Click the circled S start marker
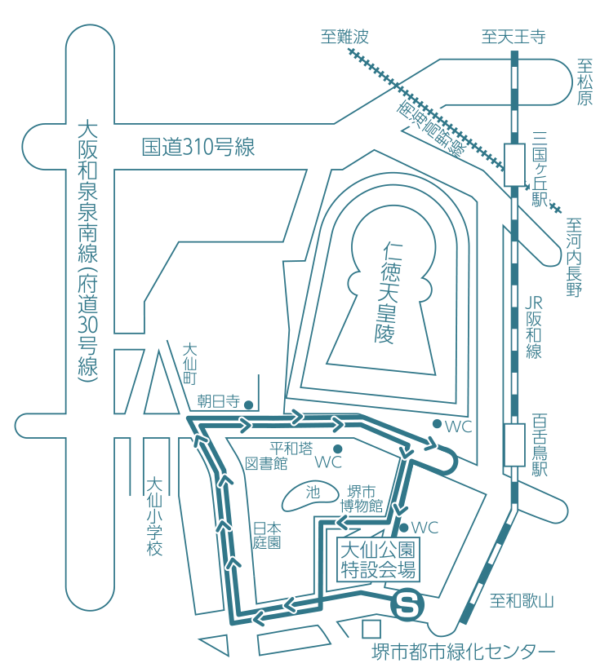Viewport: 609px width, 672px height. [x=408, y=606]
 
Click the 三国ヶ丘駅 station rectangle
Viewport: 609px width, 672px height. [x=513, y=164]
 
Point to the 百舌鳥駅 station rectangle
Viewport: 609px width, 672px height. [x=513, y=444]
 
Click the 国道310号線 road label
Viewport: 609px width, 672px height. [x=198, y=148]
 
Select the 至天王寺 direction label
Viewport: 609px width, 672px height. [x=513, y=37]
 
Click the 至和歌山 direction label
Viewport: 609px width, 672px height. [x=522, y=602]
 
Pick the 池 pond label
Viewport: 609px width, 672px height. [x=313, y=493]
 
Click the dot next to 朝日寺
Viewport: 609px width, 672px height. [x=250, y=403]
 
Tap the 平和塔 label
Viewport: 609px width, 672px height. [x=291, y=449]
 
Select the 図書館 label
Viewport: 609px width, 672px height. [x=267, y=464]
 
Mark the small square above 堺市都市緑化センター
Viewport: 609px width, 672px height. [x=371, y=629]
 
